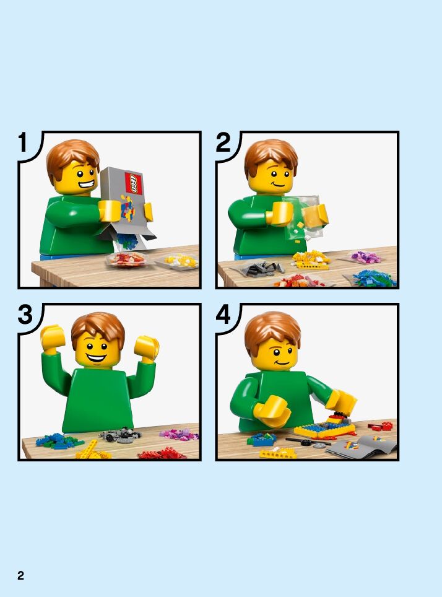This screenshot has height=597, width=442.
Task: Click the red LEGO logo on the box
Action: point(134,183)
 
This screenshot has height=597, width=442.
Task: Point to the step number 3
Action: point(25,315)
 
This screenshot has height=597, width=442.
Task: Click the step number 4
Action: point(223,315)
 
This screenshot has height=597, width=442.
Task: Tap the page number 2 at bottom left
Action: point(20,575)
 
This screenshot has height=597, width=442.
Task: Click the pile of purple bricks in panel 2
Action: point(365,258)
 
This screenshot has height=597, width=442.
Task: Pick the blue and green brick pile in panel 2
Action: point(373,278)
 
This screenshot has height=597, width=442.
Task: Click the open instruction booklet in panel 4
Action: point(362,447)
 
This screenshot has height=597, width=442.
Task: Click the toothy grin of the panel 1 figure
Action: point(86,185)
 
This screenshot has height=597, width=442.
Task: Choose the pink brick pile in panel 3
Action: point(179,434)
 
